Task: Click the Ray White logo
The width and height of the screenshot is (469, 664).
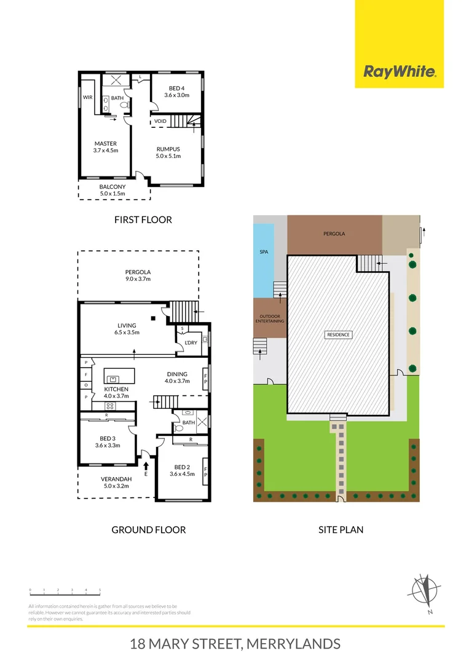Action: click(x=400, y=72)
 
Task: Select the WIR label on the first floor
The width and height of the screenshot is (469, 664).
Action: click(x=87, y=97)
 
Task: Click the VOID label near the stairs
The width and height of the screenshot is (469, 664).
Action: click(x=160, y=121)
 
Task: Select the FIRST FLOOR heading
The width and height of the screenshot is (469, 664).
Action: click(x=143, y=219)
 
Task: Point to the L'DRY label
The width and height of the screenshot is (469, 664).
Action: click(x=191, y=342)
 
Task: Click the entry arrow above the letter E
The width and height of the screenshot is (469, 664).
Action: click(x=146, y=465)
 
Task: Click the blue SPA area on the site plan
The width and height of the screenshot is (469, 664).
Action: click(x=264, y=252)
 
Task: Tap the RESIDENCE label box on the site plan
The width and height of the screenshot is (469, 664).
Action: click(x=338, y=335)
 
